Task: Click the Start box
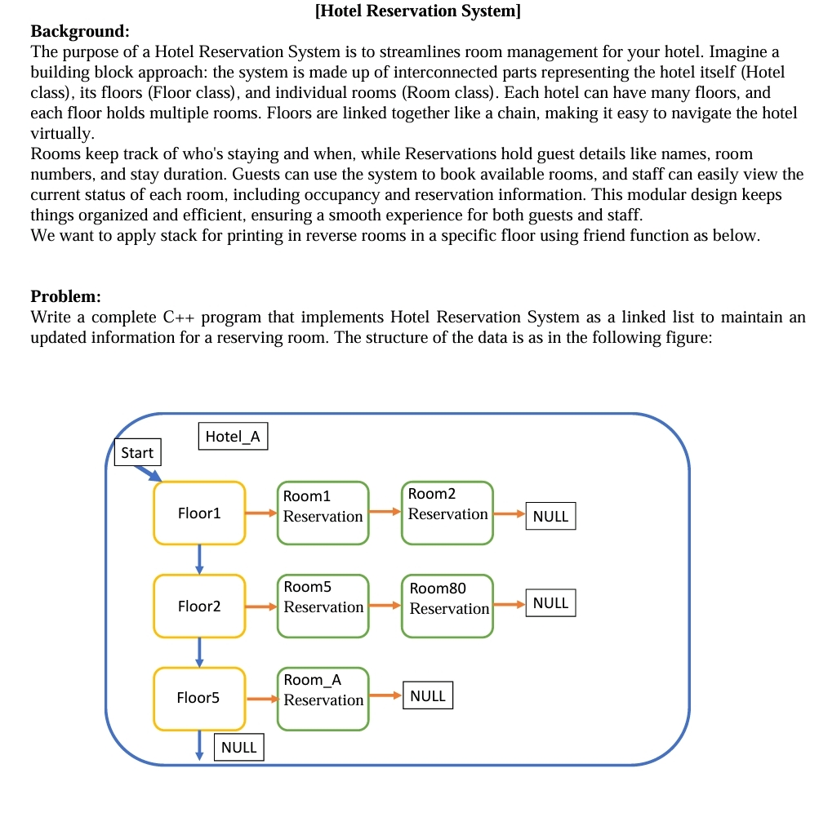click(137, 452)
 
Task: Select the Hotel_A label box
click(233, 436)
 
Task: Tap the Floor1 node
click(199, 513)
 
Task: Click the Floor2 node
click(199, 606)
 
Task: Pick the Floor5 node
click(199, 698)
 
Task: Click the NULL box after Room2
click(550, 516)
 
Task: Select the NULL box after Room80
click(550, 603)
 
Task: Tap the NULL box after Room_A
click(428, 696)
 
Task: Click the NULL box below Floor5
click(239, 747)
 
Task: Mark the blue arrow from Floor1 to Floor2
click(199, 559)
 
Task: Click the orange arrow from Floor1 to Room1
click(261, 513)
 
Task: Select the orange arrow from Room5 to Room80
click(385, 606)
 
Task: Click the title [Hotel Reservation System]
click(417, 11)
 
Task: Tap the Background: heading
click(80, 32)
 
